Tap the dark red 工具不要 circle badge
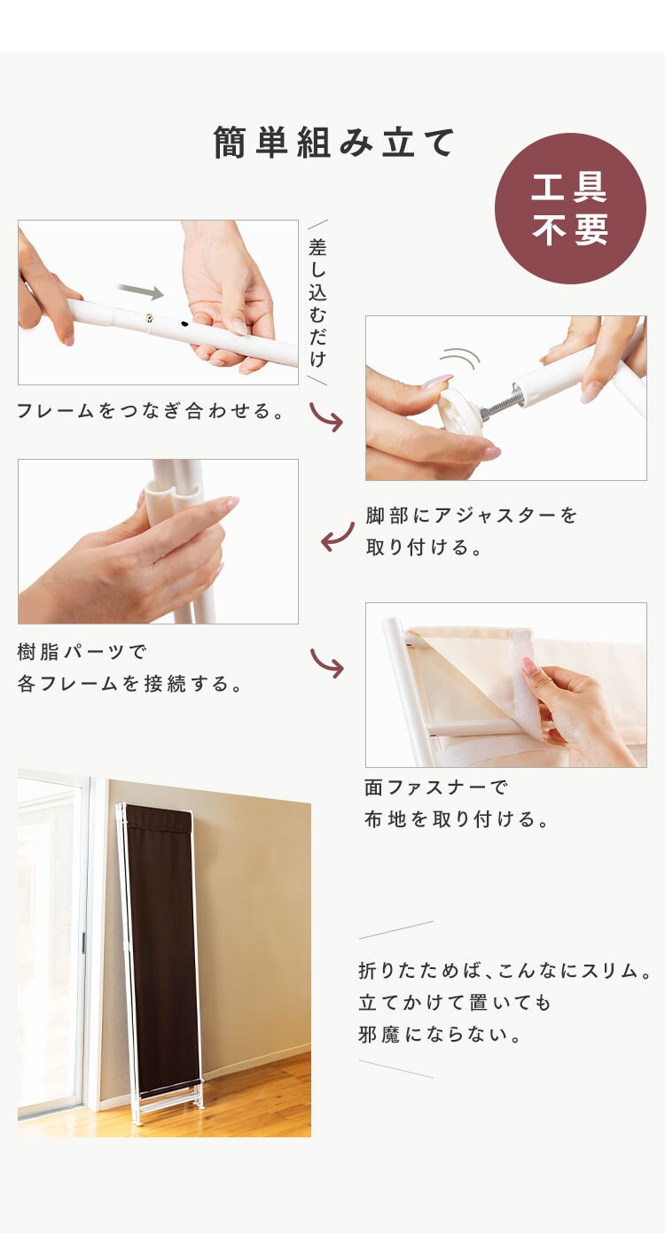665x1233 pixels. coord(570,209)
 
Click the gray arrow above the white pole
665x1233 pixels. coord(141,291)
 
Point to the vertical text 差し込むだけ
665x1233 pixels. coord(317,302)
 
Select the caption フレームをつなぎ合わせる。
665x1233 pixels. coord(151,411)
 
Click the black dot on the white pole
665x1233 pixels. coord(184,325)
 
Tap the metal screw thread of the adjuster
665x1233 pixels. coord(501,402)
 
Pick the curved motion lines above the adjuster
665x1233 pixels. coord(459,359)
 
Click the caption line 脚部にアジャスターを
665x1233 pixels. coord(471,516)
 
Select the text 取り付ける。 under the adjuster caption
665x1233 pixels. coord(424,547)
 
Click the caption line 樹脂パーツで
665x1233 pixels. coord(82,652)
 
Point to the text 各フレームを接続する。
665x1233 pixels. coord(130,684)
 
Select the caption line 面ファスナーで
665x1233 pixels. coord(435,787)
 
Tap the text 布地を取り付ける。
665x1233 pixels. coord(457,819)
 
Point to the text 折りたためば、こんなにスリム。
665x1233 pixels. coord(505,971)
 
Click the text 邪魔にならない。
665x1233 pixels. coord(440,1035)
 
